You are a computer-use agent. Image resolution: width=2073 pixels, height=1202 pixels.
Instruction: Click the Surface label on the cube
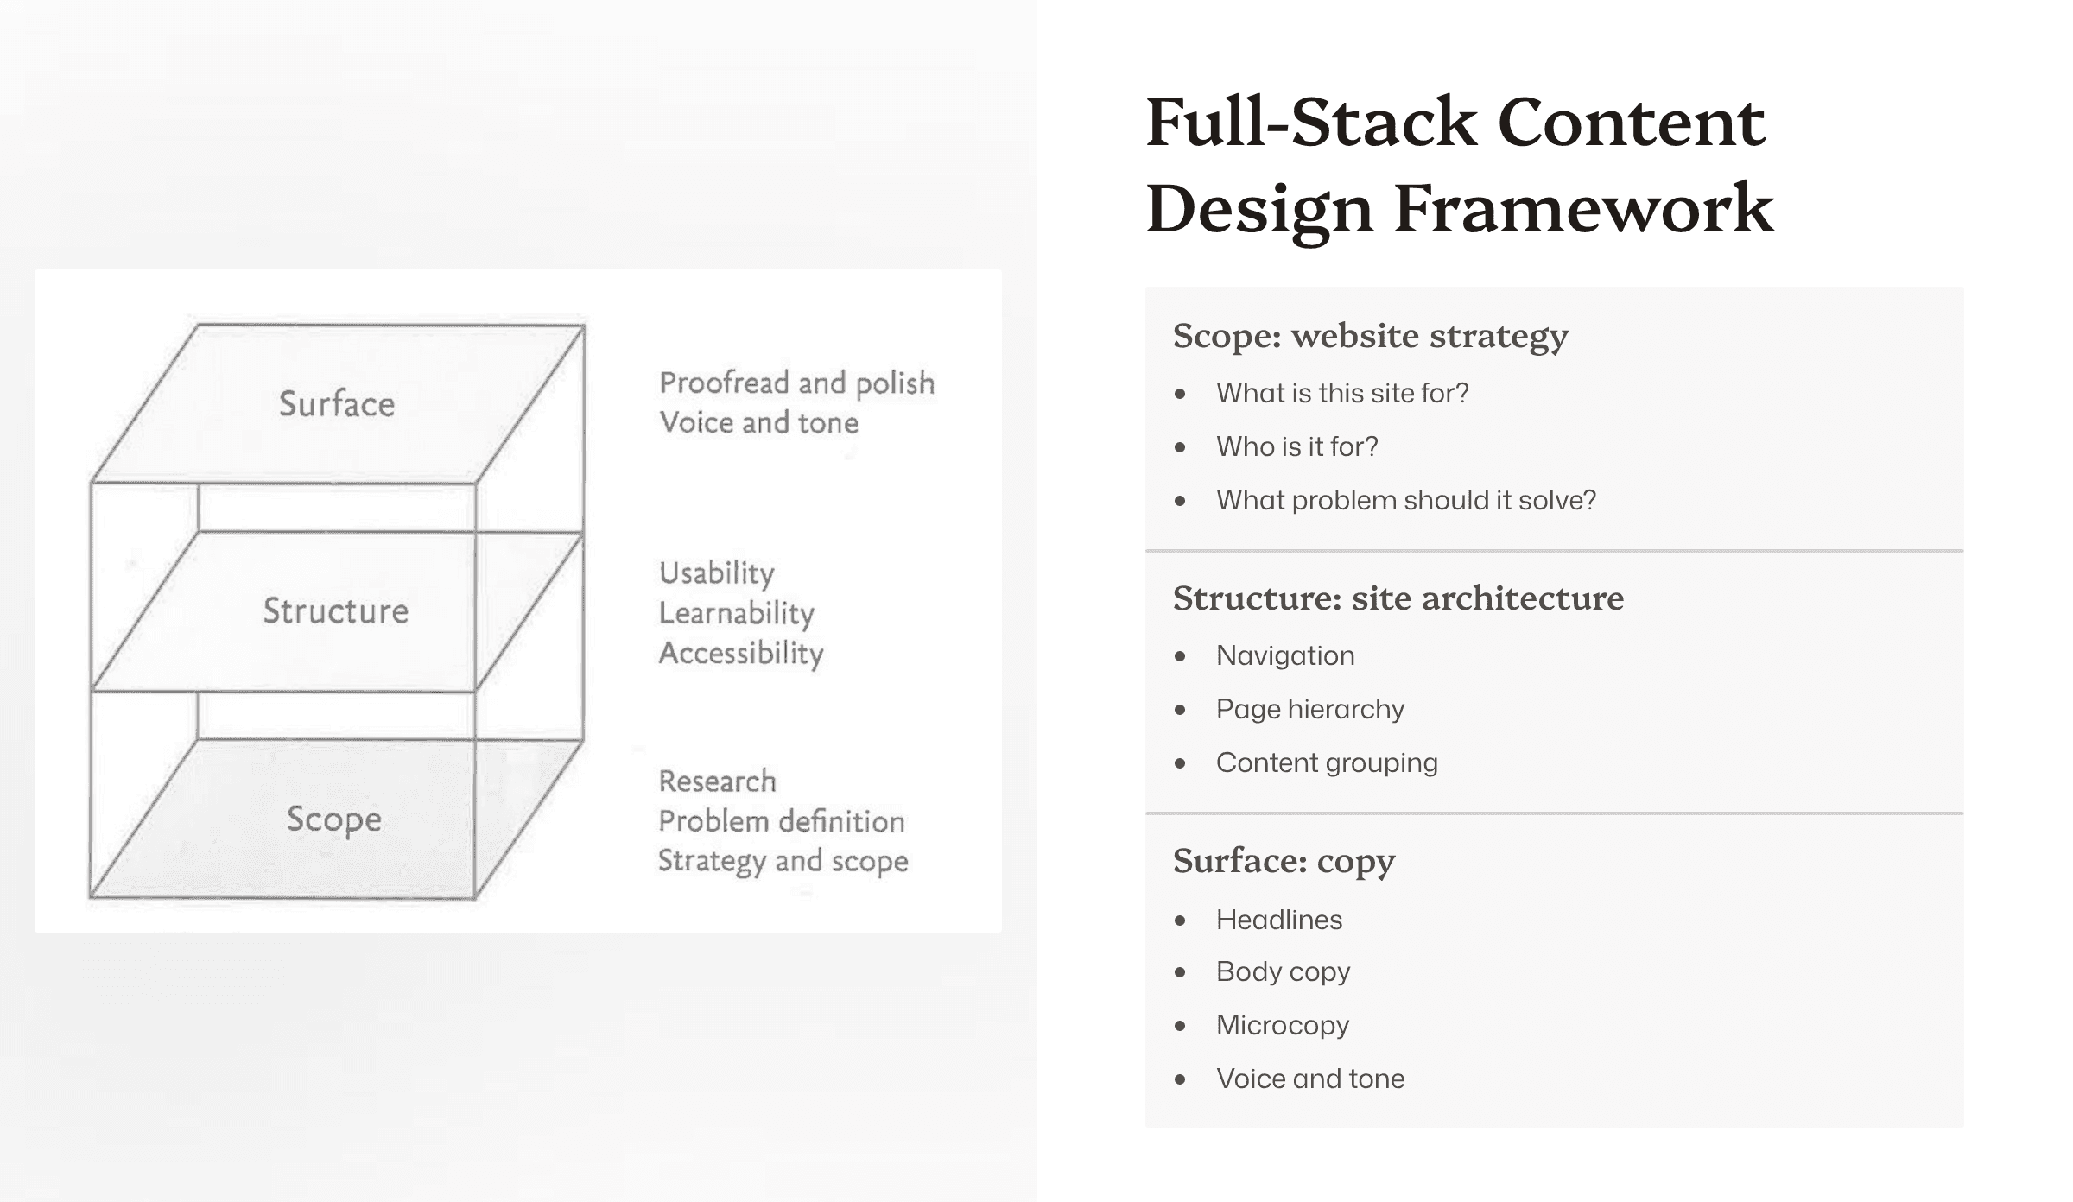pos(337,404)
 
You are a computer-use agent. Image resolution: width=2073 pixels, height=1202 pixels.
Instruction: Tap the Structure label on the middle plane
pos(336,611)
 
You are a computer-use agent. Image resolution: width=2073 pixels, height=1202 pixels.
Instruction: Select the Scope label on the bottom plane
pos(334,819)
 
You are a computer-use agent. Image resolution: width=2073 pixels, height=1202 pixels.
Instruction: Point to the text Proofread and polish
pos(796,383)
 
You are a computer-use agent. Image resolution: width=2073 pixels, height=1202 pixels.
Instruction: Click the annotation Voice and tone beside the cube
pos(758,423)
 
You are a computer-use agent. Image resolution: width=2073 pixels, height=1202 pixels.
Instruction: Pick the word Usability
pos(716,573)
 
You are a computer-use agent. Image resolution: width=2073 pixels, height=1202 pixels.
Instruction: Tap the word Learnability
pos(736,613)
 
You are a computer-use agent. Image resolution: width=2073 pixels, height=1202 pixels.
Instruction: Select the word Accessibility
pos(741,654)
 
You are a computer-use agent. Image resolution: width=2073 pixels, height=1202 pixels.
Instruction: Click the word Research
pos(717,781)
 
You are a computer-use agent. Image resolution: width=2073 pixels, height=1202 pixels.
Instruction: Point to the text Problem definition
pos(781,821)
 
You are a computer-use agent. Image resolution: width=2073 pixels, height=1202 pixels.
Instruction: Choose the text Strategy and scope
pos(783,862)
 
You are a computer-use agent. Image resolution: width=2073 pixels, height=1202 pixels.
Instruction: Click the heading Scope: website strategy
pos(1370,336)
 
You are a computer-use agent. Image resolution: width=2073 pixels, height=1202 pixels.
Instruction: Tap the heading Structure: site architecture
pos(1398,598)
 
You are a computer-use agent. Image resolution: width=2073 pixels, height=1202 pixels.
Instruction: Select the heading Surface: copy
pos(1284,861)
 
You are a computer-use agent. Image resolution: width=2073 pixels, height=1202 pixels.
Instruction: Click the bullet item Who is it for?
pos(1296,446)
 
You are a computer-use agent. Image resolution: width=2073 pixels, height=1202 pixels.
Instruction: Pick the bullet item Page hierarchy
pos(1309,709)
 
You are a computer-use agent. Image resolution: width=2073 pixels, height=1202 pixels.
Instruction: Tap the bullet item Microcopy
pos(1282,1025)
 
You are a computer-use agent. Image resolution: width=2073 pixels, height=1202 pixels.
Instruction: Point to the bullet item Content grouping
pos(1327,762)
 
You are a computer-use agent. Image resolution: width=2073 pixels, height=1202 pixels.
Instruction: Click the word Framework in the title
pos(1583,209)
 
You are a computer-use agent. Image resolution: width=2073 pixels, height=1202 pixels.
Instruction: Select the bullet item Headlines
pos(1278,920)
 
